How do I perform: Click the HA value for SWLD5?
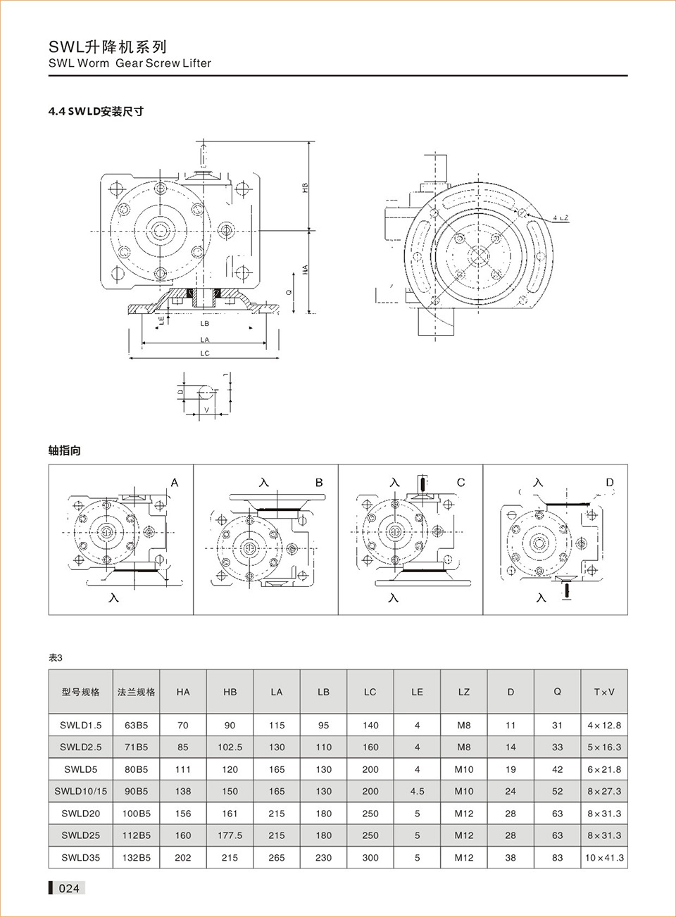click(x=183, y=769)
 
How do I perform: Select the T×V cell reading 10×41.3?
click(x=604, y=858)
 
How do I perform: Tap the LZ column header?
click(x=463, y=692)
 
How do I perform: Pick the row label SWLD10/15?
click(x=81, y=791)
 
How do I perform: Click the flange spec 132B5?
click(x=136, y=858)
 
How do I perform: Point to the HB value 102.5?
click(x=230, y=747)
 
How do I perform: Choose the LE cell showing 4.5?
click(x=417, y=791)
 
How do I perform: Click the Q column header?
click(x=557, y=692)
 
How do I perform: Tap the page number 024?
click(x=69, y=888)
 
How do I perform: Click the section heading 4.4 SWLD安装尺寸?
click(x=96, y=111)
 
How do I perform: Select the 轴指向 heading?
click(x=64, y=450)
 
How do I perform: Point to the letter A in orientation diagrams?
click(x=175, y=483)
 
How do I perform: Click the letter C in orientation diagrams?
click(x=461, y=483)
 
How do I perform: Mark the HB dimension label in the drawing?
click(x=305, y=188)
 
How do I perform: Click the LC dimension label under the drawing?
click(x=205, y=353)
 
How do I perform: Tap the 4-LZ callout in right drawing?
click(x=560, y=218)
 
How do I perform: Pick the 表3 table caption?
click(x=55, y=658)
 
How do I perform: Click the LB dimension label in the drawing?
click(x=205, y=324)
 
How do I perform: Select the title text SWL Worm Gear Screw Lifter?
click(x=130, y=63)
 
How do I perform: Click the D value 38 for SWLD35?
click(x=511, y=858)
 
